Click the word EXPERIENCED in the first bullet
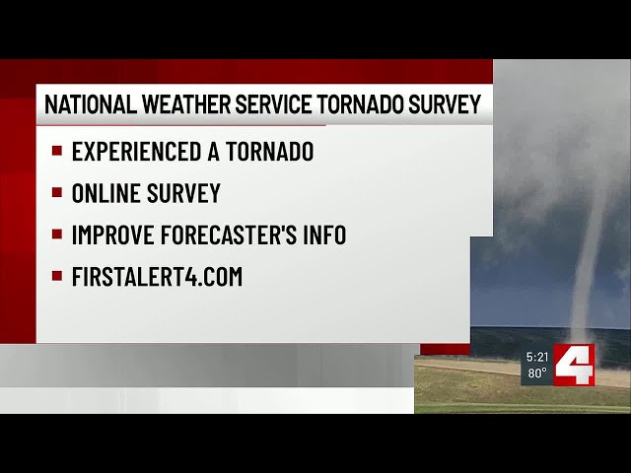[x=135, y=152]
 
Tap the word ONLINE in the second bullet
[x=102, y=193]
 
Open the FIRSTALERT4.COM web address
[x=157, y=277]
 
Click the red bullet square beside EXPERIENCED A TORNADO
[x=57, y=152]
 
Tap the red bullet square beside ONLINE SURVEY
[x=57, y=193]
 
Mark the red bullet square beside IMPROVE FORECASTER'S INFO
[x=57, y=236]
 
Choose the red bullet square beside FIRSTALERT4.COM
[x=57, y=277]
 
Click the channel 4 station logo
[x=574, y=365]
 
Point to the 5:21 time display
[x=536, y=357]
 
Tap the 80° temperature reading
[x=536, y=373]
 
